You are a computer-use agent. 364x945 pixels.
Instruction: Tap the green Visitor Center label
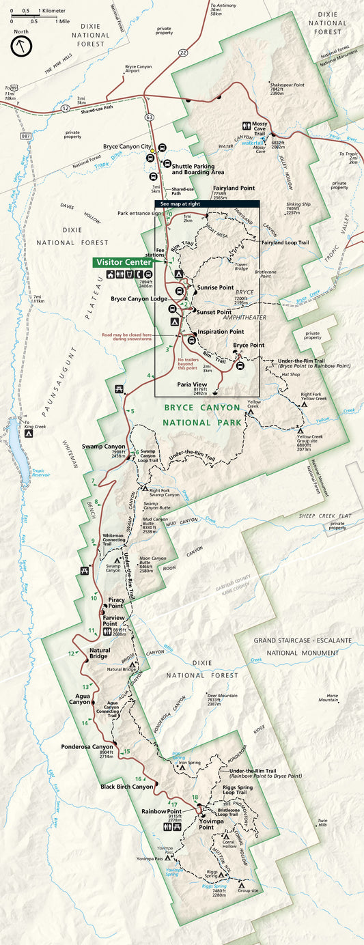tap(124, 262)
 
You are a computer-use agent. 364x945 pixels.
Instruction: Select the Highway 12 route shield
tap(64, 108)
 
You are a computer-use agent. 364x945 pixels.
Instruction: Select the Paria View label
tap(192, 384)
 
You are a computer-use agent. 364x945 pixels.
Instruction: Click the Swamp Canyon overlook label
tap(104, 446)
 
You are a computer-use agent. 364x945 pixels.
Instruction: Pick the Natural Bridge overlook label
tap(100, 653)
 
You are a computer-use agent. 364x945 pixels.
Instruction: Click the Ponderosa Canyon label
tap(87, 746)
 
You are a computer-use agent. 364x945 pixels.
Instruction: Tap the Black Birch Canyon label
tap(127, 787)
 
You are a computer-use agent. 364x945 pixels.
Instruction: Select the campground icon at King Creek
tap(29, 433)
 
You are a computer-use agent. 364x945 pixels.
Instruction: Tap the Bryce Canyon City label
tap(126, 146)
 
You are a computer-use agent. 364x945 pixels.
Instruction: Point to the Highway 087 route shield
tap(25, 137)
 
